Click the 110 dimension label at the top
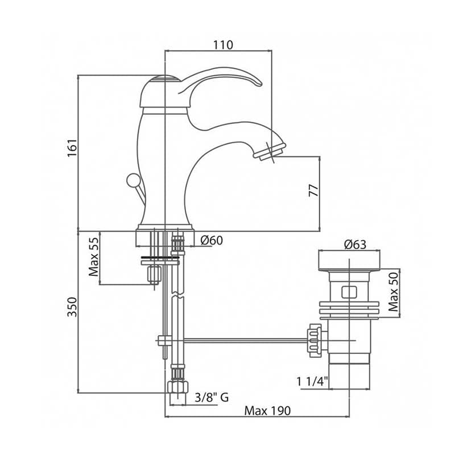coord(223,45)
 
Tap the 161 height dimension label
coord(72,147)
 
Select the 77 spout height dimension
coord(314,191)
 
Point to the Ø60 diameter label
coord(212,240)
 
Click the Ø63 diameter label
coord(355,245)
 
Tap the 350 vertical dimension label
coord(72,307)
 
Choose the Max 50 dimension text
coord(394,292)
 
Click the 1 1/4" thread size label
coord(312,381)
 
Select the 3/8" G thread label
coord(212,397)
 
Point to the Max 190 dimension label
coord(267,411)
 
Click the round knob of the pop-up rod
coord(134,180)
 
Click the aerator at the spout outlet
coord(270,152)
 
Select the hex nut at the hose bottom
coord(177,387)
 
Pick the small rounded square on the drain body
coord(349,292)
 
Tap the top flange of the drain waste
coord(349,260)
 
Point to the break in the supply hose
coord(177,295)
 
